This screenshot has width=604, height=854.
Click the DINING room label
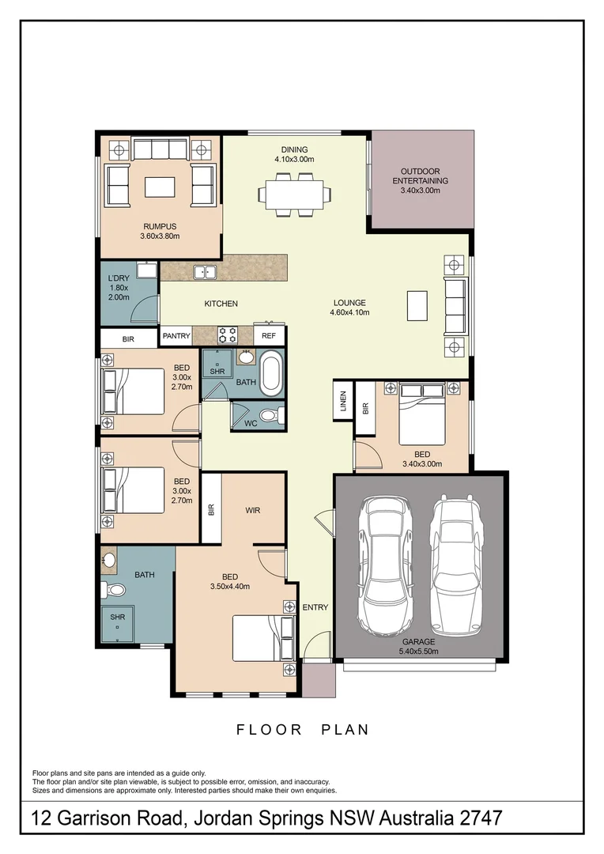click(294, 149)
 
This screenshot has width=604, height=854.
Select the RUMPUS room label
click(160, 226)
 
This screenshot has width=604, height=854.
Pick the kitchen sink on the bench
click(206, 272)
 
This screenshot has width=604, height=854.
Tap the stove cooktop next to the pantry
click(228, 334)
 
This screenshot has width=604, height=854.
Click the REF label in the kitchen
click(269, 336)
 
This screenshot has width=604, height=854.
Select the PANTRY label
click(176, 336)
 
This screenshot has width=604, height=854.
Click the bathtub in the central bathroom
click(270, 376)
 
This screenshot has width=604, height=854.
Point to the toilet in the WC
click(269, 414)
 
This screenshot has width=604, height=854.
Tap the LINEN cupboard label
click(342, 402)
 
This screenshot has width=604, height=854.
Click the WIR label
click(253, 511)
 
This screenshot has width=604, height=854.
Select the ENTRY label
click(315, 607)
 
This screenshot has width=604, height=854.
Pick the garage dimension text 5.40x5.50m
click(420, 652)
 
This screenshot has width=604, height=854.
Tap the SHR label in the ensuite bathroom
click(117, 618)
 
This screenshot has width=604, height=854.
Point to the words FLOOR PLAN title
click(303, 730)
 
